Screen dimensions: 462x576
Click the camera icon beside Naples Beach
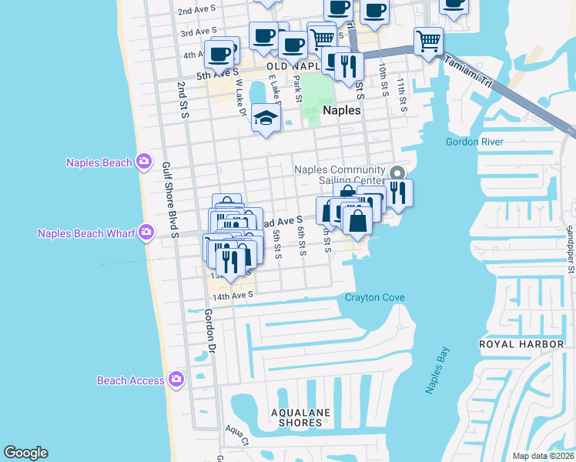pos(143,162)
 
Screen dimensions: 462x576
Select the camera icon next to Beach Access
pos(176,380)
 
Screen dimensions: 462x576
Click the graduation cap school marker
pos(266,119)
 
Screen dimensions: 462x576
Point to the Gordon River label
pos(474,142)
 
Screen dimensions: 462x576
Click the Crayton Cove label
pos(374,298)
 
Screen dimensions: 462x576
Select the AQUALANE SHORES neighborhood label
pos(300,417)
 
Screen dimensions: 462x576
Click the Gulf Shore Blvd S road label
pos(169,199)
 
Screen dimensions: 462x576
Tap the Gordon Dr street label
pos(209,332)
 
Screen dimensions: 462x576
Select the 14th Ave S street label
pos(233,295)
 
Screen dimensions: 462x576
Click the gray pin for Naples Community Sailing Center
pos(397,172)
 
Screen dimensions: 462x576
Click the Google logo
pos(25,453)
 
